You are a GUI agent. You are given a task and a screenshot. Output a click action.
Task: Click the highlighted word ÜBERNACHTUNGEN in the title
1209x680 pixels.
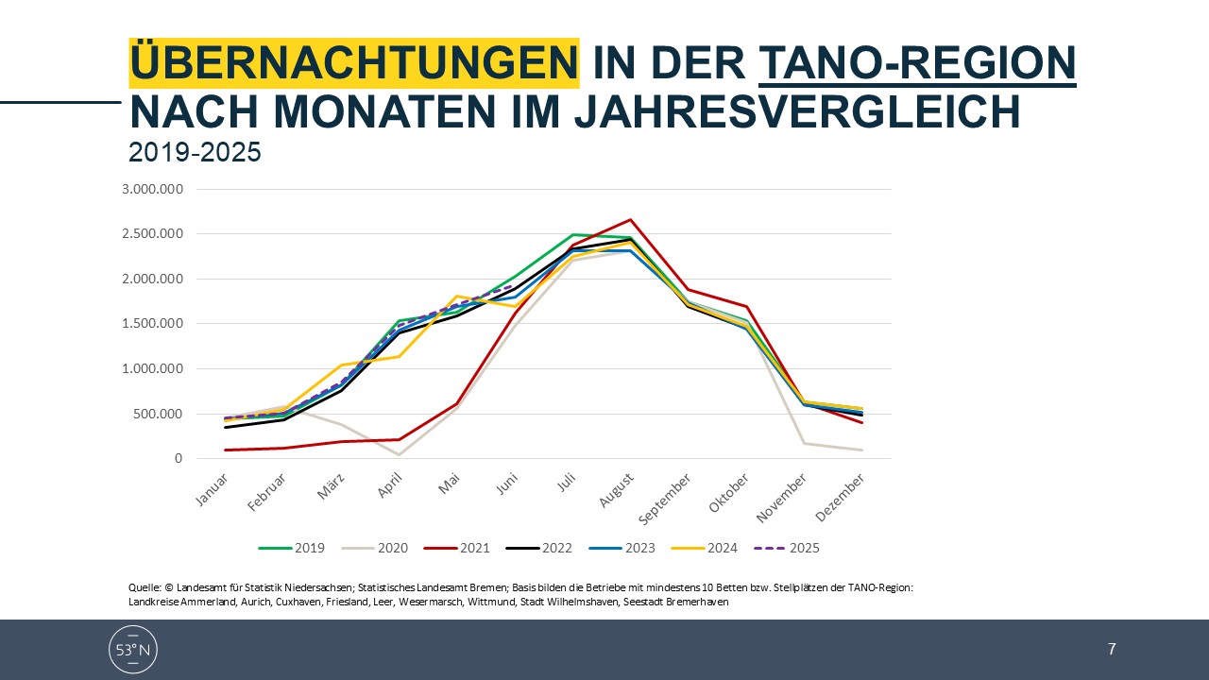[x=353, y=63]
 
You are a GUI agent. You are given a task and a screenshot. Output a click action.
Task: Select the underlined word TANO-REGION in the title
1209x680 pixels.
[x=917, y=63]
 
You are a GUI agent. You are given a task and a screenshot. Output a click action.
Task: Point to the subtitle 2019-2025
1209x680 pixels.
[x=195, y=152]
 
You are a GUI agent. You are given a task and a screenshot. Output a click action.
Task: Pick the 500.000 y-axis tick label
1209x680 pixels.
[x=159, y=414]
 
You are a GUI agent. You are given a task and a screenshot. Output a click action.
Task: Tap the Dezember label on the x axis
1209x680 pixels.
[x=842, y=495]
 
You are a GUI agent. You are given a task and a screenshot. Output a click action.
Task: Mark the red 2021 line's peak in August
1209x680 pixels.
[x=630, y=220]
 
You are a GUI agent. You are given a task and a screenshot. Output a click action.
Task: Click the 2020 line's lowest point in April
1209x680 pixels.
[x=398, y=455]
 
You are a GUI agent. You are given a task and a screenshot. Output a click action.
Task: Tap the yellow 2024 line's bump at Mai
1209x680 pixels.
[x=456, y=297]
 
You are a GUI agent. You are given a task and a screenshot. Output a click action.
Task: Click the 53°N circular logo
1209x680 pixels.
[x=133, y=649]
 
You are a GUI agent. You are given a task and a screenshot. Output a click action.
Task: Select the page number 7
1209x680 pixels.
[x=1112, y=649]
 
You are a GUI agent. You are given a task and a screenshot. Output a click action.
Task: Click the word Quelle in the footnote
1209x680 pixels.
[x=144, y=587]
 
